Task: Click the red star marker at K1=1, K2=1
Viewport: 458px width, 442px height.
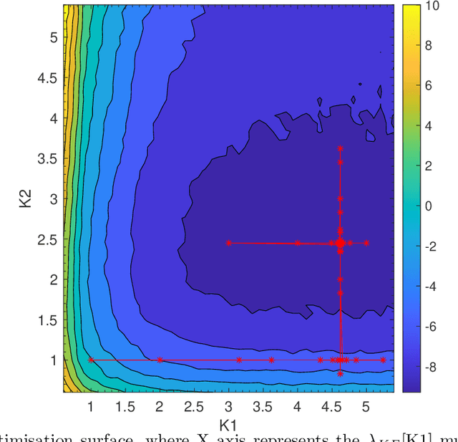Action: click(90, 360)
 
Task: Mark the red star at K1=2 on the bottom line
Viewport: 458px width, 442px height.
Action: click(160, 360)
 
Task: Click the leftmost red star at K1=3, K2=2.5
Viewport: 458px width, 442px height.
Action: click(228, 243)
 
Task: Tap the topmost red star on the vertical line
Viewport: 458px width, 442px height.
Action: click(340, 148)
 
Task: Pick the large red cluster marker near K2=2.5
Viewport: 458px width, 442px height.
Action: click(340, 243)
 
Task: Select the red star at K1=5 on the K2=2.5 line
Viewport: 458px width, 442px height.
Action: click(366, 243)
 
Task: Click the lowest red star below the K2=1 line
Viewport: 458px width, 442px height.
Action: click(341, 374)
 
